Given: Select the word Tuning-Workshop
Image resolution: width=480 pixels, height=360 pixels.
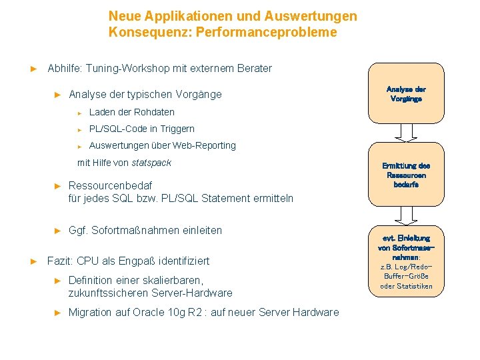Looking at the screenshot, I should pos(126,68).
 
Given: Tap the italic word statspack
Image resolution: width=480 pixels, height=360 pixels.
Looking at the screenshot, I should pos(151,163).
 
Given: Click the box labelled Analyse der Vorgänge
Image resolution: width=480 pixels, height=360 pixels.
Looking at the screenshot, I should pos(406,93).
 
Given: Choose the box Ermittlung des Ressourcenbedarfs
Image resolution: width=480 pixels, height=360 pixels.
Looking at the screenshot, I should pos(406,175).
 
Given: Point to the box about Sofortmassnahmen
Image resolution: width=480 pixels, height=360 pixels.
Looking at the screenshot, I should pos(406,261).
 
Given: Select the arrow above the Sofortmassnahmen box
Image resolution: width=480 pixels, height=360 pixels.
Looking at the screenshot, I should pos(406,215).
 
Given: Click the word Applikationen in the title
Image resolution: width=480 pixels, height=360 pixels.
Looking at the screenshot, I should pos(181,15).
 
